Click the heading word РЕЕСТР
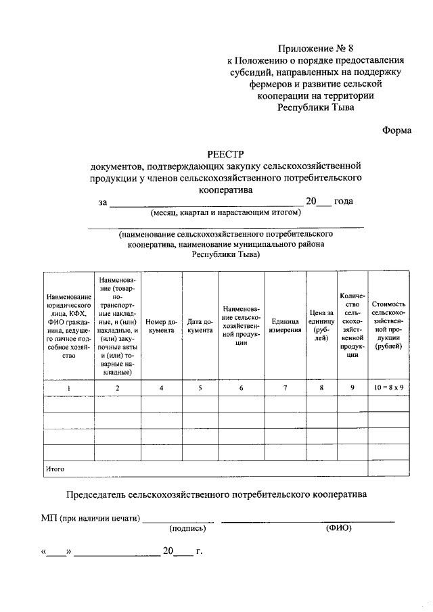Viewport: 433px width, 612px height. tap(227, 154)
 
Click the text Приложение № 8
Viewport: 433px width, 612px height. tap(316, 48)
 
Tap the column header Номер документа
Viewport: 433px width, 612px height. tap(161, 326)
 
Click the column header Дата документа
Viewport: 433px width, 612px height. tap(200, 326)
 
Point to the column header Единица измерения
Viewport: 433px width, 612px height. tap(285, 326)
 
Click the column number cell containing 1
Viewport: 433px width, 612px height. tap(69, 387)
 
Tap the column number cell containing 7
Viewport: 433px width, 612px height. tap(285, 387)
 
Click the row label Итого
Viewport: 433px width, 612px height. tap(54, 468)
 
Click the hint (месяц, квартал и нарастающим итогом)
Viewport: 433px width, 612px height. tap(225, 212)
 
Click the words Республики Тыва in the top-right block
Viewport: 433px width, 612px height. tap(315, 106)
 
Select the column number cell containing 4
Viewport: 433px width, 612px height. tap(161, 387)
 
